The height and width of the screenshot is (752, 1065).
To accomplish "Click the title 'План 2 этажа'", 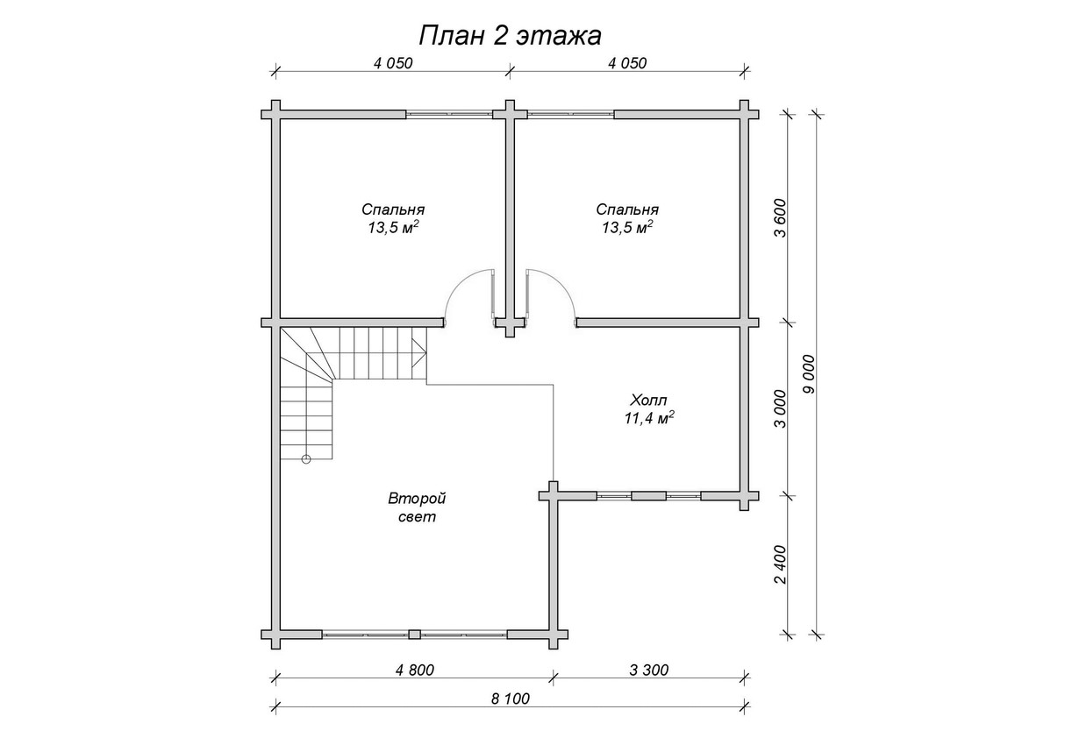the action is pos(511,36).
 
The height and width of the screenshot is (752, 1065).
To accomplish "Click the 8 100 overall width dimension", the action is pos(511,699).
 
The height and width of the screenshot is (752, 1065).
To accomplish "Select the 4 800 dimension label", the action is pos(415,670).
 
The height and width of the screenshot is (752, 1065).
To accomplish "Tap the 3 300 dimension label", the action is pos(649,670).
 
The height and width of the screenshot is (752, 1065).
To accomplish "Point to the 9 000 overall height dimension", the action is pos(808,374).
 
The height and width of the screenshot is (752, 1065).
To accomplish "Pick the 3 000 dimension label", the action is pos(781,408).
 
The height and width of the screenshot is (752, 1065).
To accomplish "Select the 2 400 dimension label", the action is pos(781,564).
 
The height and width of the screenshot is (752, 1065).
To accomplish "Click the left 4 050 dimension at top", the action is pos(393,63).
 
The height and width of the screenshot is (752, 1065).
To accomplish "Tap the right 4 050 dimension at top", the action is pos(627,63).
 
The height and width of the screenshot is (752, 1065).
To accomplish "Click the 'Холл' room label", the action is pos(649,399).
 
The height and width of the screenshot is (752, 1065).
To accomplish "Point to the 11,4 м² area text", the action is pos(649,417).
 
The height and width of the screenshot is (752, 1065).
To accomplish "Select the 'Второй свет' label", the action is pos(417,507).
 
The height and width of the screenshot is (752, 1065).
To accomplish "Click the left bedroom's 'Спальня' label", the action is pos(393,209).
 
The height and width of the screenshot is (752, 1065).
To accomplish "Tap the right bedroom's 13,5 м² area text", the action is pos(627,228).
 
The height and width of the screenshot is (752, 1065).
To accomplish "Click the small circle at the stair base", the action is pos(306,459).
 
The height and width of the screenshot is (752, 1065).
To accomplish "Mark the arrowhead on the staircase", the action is pos(418,352).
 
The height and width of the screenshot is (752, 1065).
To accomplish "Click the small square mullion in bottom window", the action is pos(415,635).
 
